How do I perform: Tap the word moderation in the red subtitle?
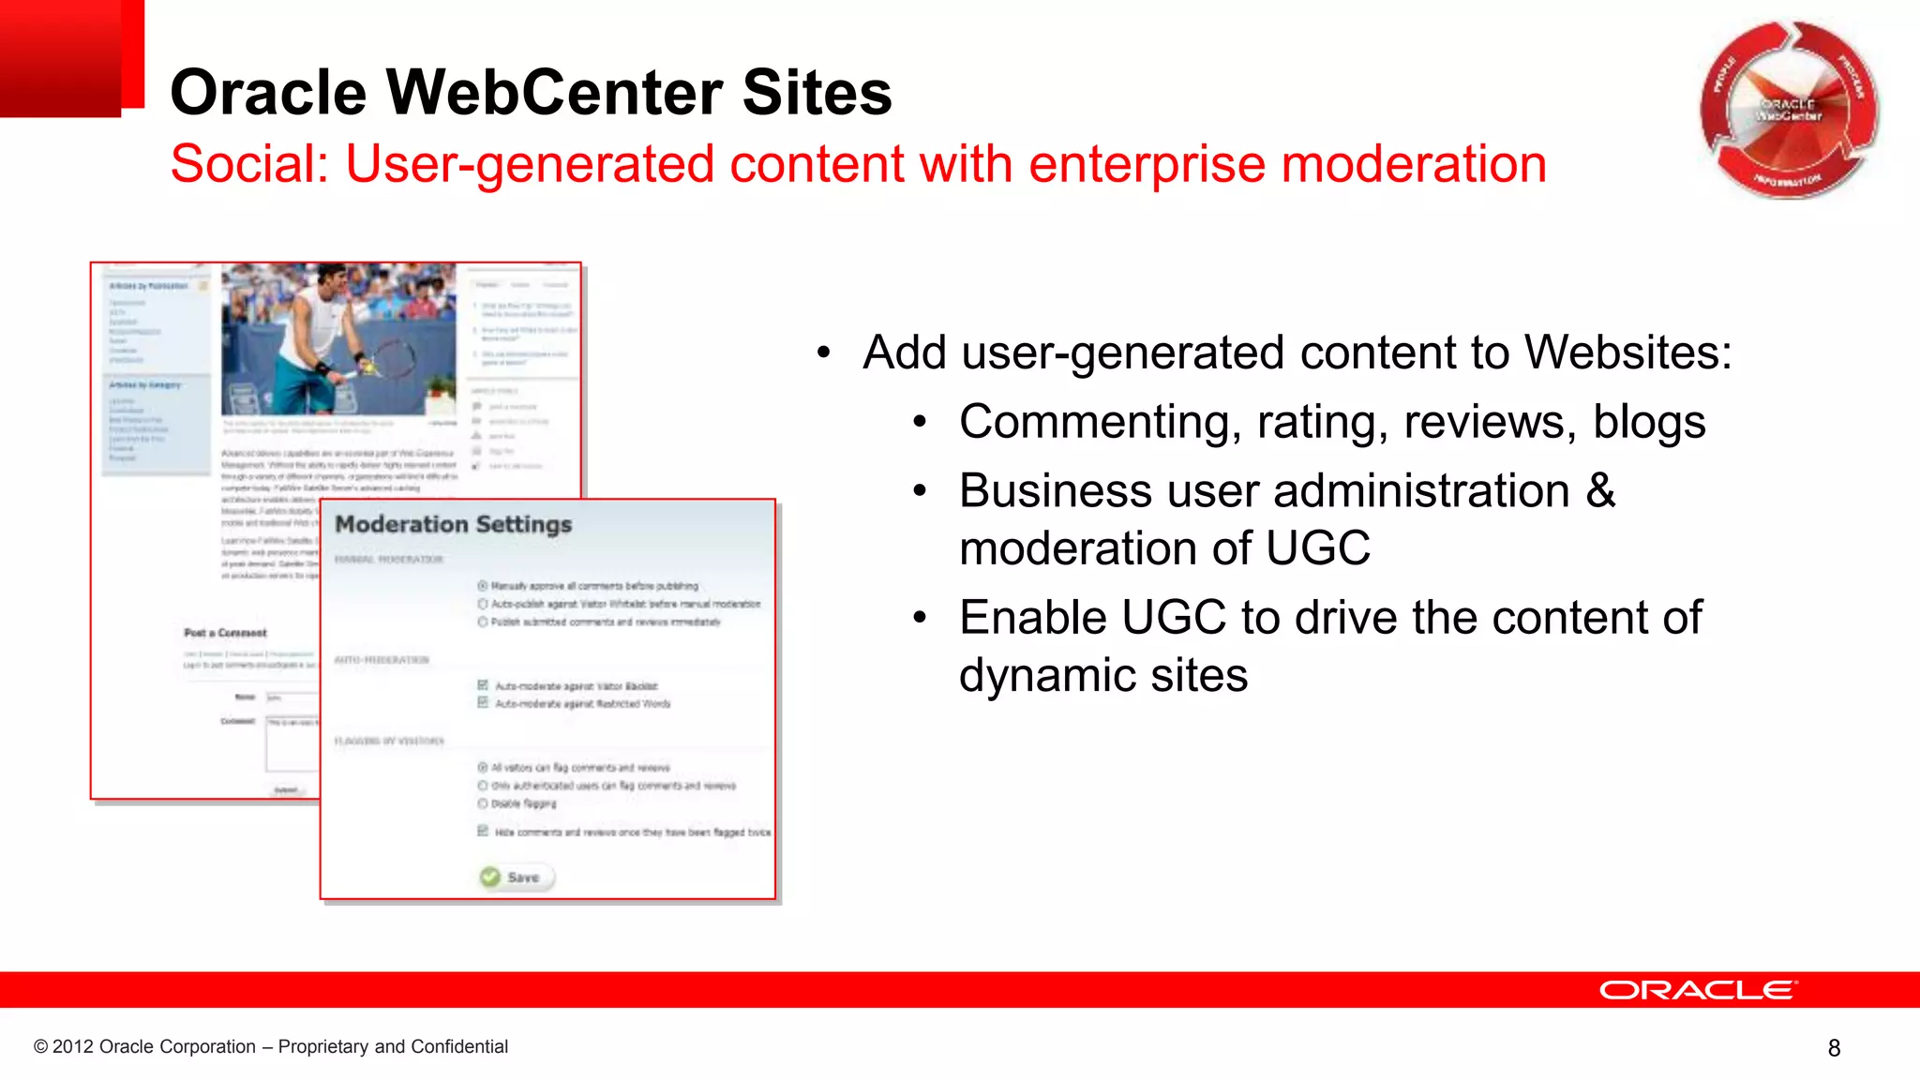[x=1414, y=164]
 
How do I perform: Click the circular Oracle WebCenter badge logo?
[x=1789, y=110]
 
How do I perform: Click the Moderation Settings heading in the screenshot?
[x=453, y=524]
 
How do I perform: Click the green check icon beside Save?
[x=490, y=877]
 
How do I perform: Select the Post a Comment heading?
[x=225, y=633]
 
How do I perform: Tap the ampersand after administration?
[x=1601, y=490]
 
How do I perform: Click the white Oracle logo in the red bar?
[x=1698, y=990]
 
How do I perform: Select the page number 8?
[x=1834, y=1048]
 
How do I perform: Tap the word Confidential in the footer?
[x=459, y=1046]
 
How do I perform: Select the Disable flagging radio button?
[x=483, y=803]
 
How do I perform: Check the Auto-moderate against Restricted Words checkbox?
[x=483, y=702]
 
